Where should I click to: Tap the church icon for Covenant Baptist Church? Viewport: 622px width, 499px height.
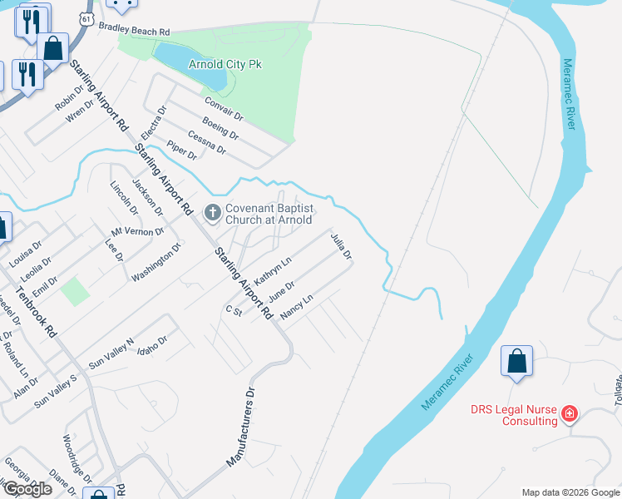[x=212, y=214]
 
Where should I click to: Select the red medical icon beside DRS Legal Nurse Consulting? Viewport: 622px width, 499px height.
[x=570, y=413]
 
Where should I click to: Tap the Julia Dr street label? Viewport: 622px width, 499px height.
[x=342, y=247]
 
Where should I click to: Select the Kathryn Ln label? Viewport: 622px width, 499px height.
[x=273, y=271]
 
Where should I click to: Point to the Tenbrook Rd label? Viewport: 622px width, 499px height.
[x=40, y=307]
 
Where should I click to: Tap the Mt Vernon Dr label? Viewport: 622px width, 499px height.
[x=138, y=231]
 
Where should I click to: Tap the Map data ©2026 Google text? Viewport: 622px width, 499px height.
[x=570, y=492]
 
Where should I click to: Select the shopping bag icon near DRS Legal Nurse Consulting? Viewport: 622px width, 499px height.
[x=516, y=362]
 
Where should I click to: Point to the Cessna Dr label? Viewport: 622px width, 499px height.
[x=207, y=142]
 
